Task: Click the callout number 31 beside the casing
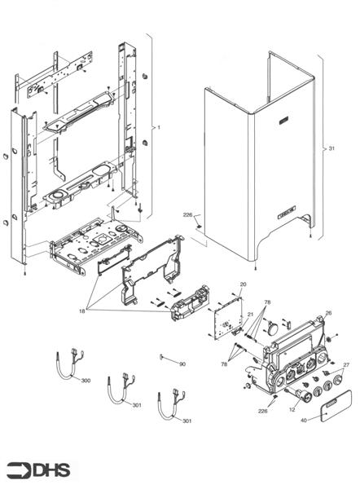331,149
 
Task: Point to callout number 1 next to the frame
159,128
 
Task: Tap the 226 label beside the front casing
187,214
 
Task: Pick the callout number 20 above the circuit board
242,284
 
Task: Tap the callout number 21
251,314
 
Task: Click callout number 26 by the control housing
328,312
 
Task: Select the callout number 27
345,365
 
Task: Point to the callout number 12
292,409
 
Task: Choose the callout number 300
86,380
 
